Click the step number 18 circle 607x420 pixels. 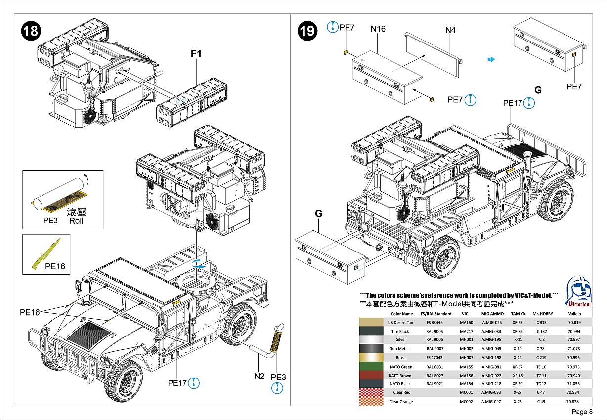pos(30,31)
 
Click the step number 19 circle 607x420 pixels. pos(307,31)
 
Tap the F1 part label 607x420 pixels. pos(196,54)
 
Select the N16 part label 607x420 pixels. pos(378,29)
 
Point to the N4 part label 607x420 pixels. pos(450,30)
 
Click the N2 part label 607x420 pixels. pos(260,376)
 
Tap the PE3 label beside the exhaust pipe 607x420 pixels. pos(279,377)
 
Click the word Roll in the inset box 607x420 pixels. pos(77,221)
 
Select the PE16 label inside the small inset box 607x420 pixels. pos(55,266)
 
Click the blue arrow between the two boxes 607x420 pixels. pos(491,59)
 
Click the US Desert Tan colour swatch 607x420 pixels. pos(371,322)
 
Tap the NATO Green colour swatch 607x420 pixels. pos(371,367)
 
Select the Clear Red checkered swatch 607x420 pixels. pos(371,392)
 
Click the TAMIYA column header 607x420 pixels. pos(518,314)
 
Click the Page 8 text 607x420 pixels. pos(582,412)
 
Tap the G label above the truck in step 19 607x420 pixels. pos(538,90)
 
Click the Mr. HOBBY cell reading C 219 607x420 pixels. pos(542,358)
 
